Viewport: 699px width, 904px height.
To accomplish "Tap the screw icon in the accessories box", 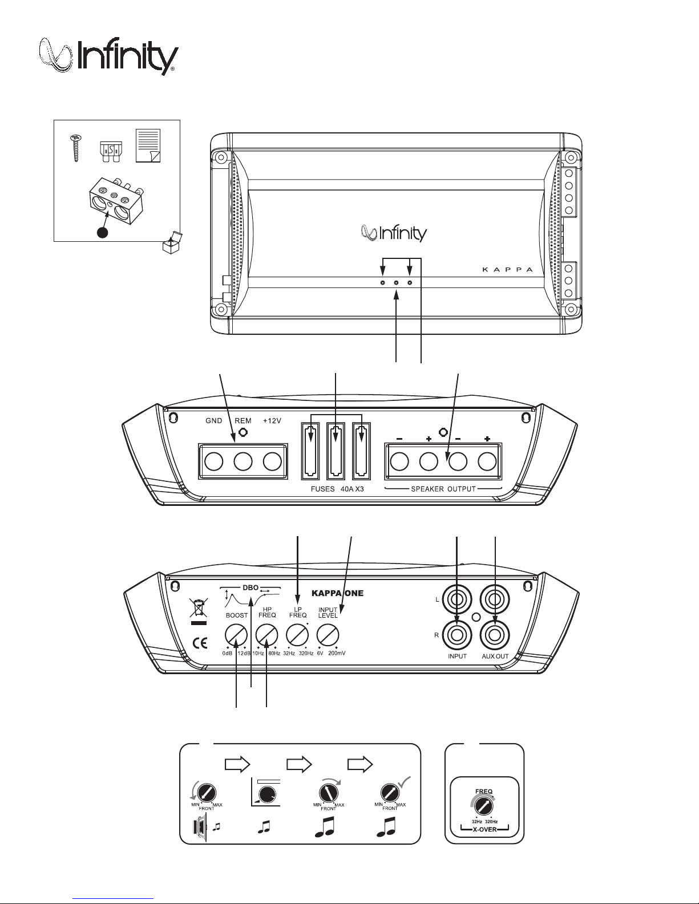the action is click(76, 148).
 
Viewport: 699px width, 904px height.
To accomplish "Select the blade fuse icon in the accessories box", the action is click(110, 153).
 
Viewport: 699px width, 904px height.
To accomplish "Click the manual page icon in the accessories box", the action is click(148, 145).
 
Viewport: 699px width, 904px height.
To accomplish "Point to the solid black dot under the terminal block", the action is click(102, 233).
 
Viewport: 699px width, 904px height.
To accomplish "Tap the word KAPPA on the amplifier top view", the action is click(507, 270).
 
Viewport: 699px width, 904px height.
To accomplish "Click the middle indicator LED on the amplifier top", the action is click(396, 283).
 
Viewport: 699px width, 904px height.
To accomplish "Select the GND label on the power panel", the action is click(214, 420).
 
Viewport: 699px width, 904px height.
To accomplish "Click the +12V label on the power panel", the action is click(272, 420).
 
